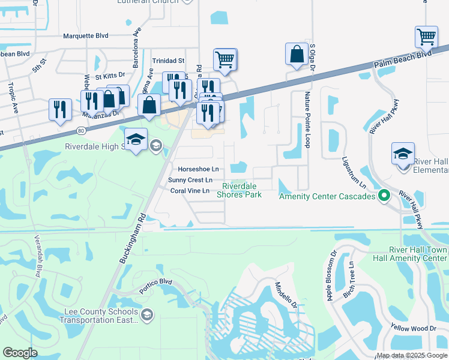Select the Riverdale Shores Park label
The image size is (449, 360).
coord(239,190)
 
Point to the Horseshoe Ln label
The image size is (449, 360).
coord(194,170)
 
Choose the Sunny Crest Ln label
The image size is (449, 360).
coord(190,180)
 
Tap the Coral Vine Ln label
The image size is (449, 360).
coord(190,191)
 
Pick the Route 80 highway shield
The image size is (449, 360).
coord(82,130)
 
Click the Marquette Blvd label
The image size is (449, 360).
coord(86,36)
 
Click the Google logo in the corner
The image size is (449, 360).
coord(20,353)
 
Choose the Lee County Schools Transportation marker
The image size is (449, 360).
coord(146,314)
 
